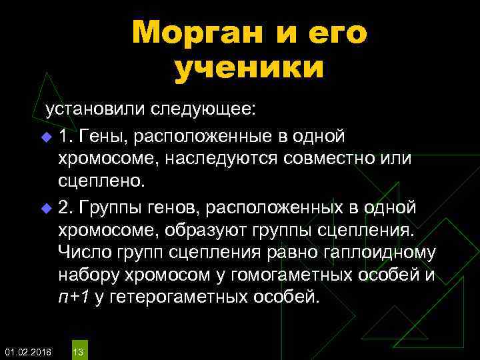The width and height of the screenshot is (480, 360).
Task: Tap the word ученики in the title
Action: coord(249,69)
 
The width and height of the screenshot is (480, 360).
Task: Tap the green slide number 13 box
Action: coord(78,351)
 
